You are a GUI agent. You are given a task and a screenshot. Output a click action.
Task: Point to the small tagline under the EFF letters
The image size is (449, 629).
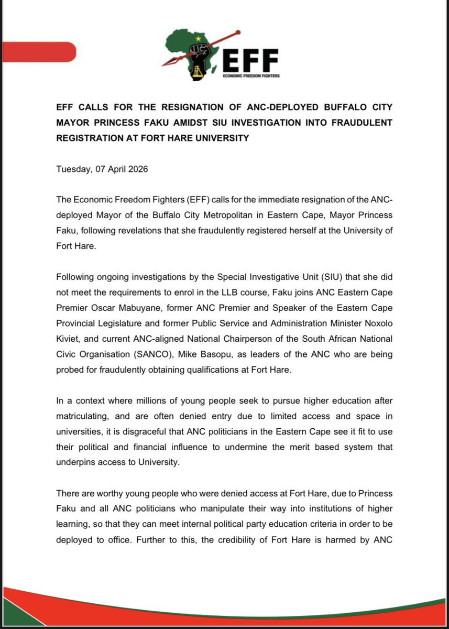[251, 76]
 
